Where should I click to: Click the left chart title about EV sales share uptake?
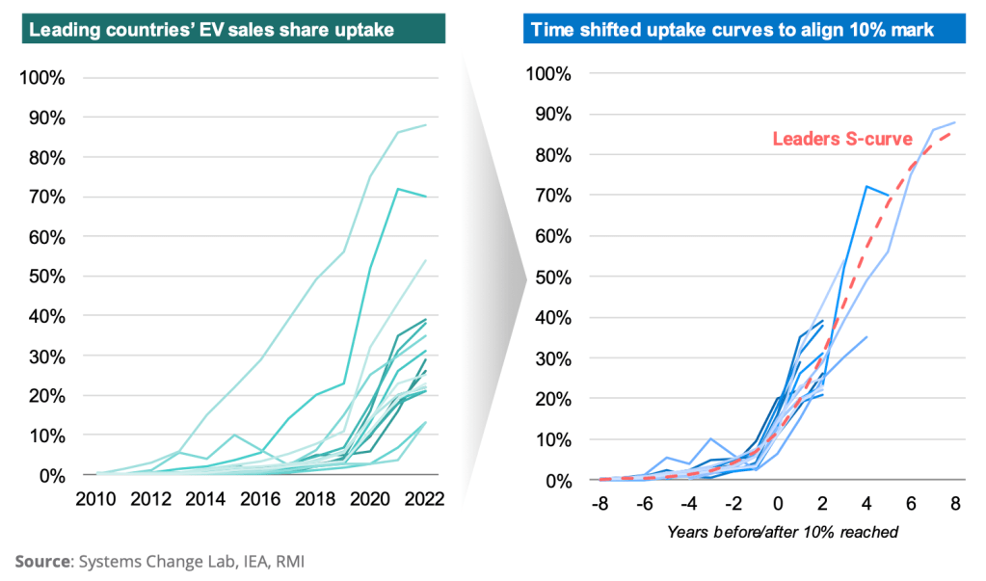pyautogui.click(x=211, y=29)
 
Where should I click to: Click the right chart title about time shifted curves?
pyautogui.click(x=729, y=29)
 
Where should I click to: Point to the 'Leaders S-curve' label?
pyautogui.click(x=842, y=139)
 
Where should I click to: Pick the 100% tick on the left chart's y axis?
pyautogui.click(x=41, y=78)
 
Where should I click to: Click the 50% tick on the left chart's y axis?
pyautogui.click(x=45, y=277)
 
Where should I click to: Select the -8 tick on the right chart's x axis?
pyautogui.click(x=599, y=503)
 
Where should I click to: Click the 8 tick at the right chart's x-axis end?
pyautogui.click(x=955, y=503)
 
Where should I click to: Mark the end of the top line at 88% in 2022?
pyautogui.click(x=426, y=125)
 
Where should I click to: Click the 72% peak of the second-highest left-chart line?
pyautogui.click(x=398, y=189)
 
